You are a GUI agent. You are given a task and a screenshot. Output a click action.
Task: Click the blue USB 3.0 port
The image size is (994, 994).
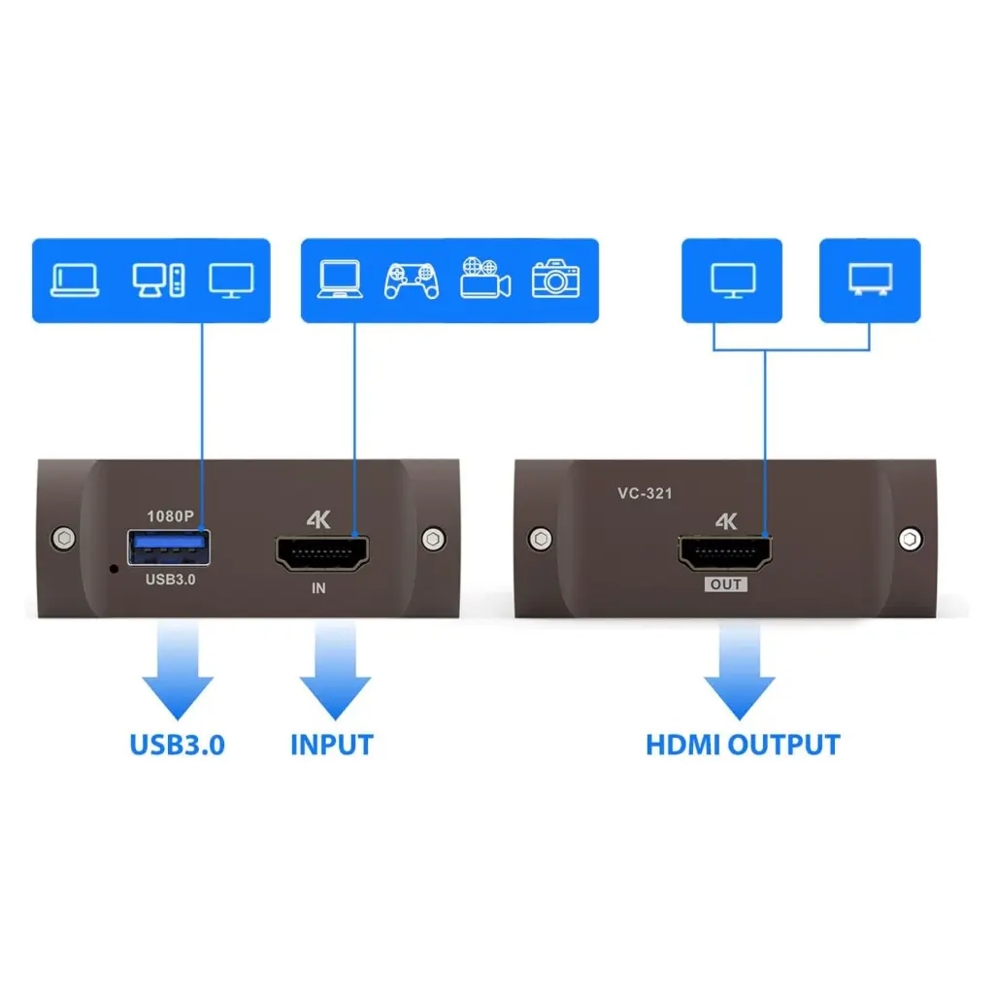(x=169, y=547)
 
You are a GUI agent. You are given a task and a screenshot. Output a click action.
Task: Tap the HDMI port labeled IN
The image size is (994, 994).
(x=322, y=553)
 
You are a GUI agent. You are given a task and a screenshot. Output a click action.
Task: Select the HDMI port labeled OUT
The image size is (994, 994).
(x=725, y=552)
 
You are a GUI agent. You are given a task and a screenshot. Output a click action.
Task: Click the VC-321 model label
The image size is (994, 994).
(x=645, y=493)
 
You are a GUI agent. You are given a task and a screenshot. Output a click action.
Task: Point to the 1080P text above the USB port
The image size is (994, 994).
(x=170, y=516)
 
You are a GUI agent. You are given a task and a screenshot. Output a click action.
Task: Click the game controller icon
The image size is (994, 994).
(x=412, y=281)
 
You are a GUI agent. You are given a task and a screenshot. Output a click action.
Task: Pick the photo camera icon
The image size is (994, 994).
(x=556, y=279)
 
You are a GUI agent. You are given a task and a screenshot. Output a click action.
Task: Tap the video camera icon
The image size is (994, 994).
(x=485, y=278)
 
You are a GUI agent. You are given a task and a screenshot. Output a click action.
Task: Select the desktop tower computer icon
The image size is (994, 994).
(x=158, y=280)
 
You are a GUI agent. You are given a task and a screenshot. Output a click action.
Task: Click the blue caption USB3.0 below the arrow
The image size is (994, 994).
(x=178, y=745)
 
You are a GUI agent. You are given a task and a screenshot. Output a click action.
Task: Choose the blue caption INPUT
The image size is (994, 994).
(x=332, y=745)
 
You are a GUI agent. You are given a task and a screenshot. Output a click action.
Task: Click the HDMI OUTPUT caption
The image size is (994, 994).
(x=743, y=745)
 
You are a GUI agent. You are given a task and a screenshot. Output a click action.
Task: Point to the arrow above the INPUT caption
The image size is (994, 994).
(x=335, y=671)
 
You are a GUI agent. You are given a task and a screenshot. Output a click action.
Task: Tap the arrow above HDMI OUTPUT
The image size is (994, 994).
(x=740, y=671)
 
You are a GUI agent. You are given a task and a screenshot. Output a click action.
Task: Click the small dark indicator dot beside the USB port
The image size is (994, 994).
(x=115, y=569)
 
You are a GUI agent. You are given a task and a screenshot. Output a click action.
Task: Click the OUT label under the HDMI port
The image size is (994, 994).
(x=726, y=584)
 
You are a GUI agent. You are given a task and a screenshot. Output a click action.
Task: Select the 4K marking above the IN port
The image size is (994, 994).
(x=318, y=520)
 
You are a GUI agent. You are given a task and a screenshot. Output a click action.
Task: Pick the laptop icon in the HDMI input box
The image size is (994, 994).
(x=340, y=279)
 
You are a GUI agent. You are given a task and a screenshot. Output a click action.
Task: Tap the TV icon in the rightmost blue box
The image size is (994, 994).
(x=871, y=280)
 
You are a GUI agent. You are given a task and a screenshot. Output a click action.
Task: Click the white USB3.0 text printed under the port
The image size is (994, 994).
(x=171, y=580)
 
